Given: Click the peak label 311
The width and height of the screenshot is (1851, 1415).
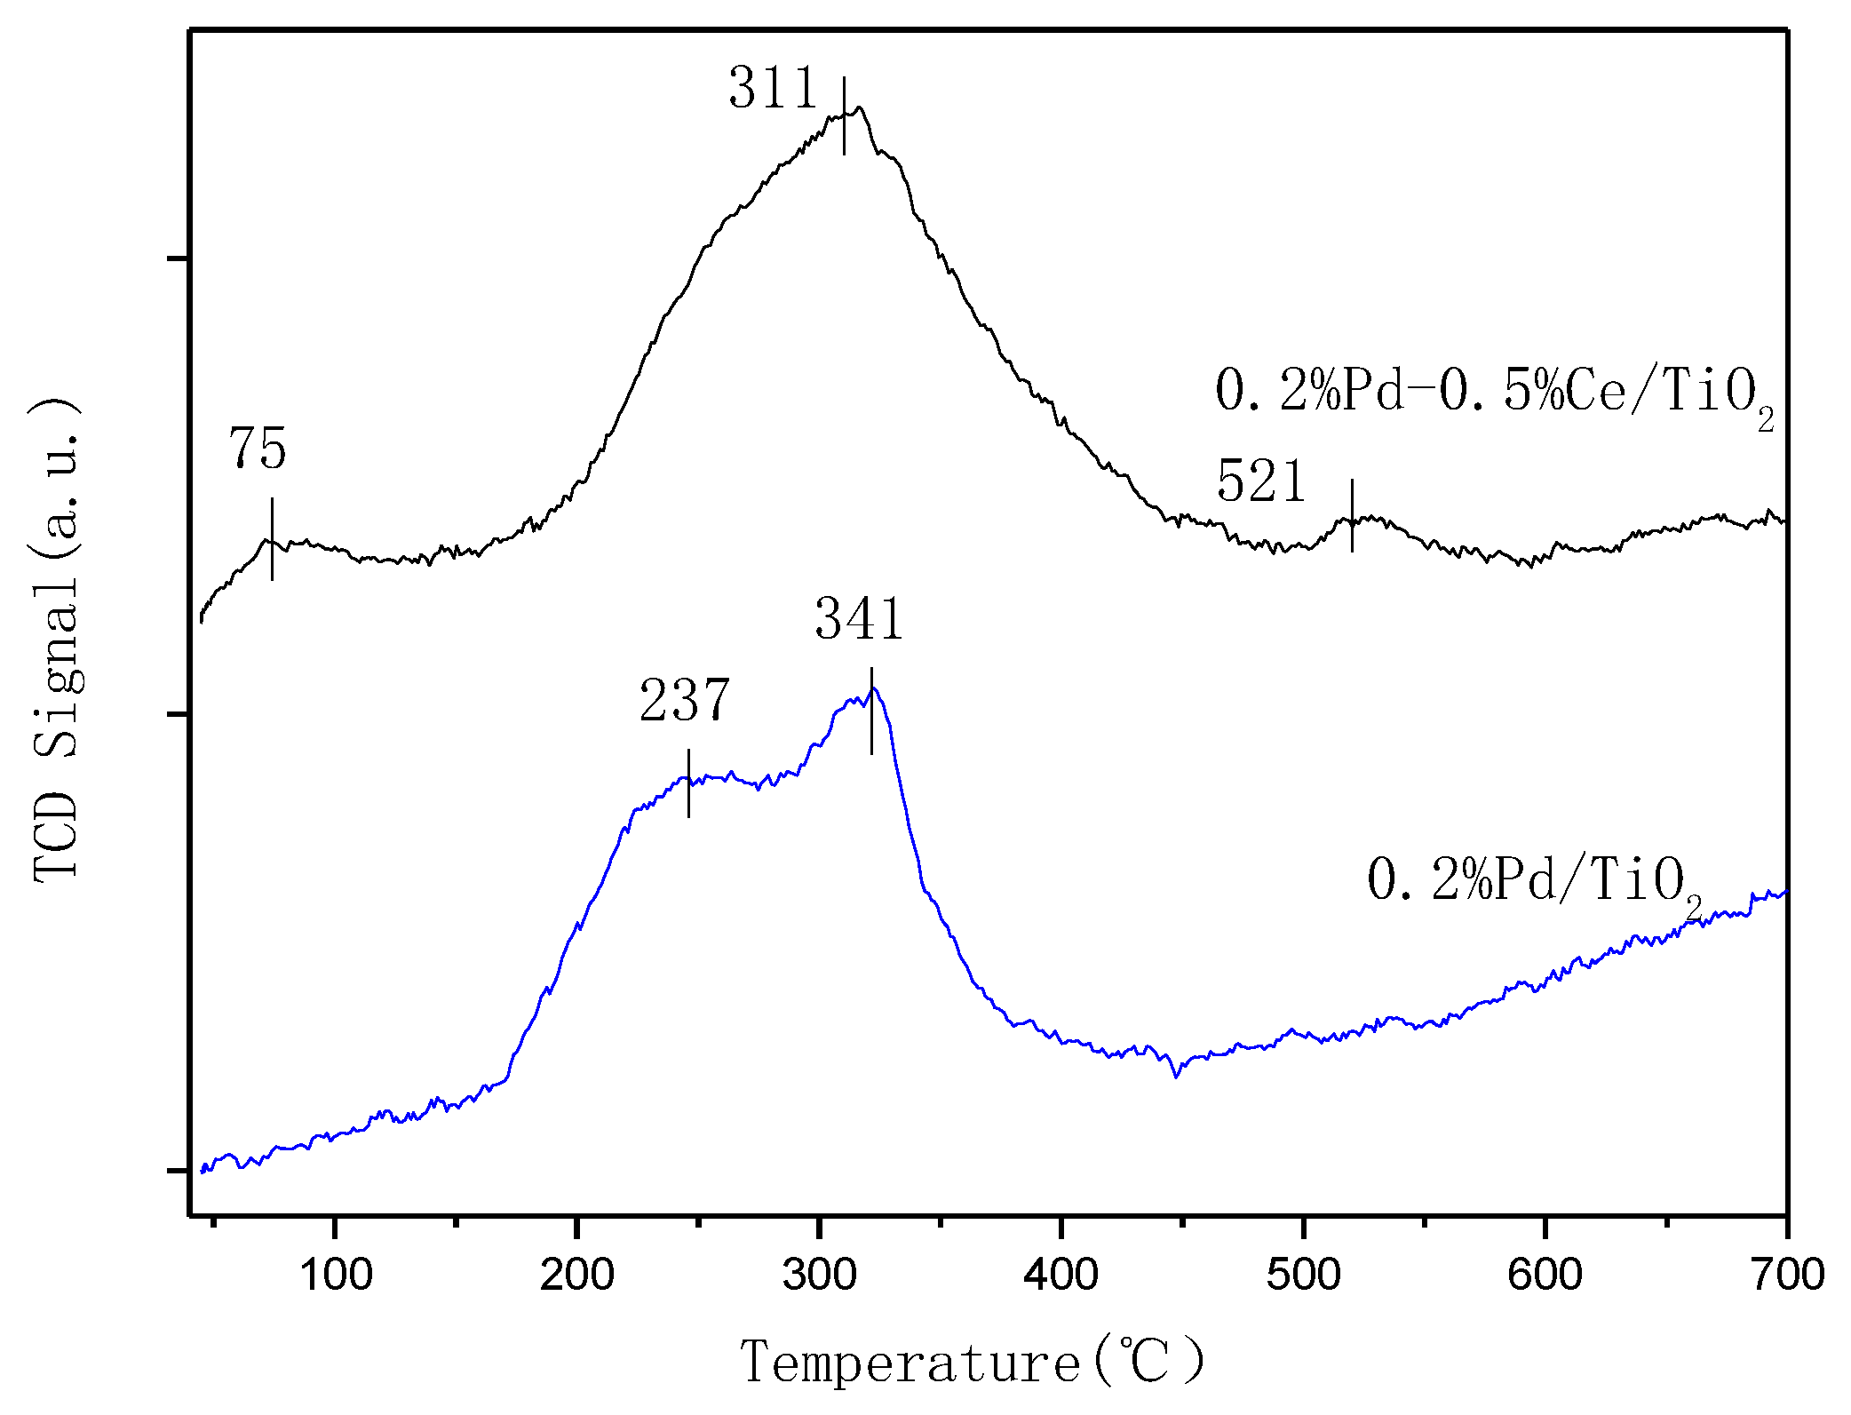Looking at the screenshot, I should (x=772, y=89).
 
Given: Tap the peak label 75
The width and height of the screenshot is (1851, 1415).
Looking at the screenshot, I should (x=258, y=449).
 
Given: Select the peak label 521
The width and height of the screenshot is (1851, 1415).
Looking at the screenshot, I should (x=1260, y=482).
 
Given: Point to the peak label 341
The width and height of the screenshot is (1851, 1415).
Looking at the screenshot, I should (x=859, y=619).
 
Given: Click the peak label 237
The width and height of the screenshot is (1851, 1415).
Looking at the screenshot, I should (x=684, y=701).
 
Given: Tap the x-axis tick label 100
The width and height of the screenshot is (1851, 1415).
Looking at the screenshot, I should (x=336, y=1276).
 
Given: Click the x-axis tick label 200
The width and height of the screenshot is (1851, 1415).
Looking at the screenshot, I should (x=577, y=1276).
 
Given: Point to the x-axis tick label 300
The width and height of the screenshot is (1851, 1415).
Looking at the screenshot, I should (x=819, y=1276).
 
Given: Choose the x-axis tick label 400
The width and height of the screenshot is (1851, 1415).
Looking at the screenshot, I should (x=1061, y=1276).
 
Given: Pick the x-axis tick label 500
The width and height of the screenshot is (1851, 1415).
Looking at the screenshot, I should (x=1303, y=1276).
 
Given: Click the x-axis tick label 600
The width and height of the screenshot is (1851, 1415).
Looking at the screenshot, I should (x=1545, y=1276).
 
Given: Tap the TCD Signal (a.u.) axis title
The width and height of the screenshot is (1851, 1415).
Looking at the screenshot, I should (x=57, y=640).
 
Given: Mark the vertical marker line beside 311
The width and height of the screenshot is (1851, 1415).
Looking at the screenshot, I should (x=844, y=115).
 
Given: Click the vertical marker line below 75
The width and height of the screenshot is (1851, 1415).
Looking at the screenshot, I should (x=272, y=538).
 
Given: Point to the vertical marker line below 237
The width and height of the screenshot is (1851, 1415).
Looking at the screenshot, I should (x=688, y=783).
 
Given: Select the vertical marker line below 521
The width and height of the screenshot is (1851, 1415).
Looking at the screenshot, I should (x=1352, y=515).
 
